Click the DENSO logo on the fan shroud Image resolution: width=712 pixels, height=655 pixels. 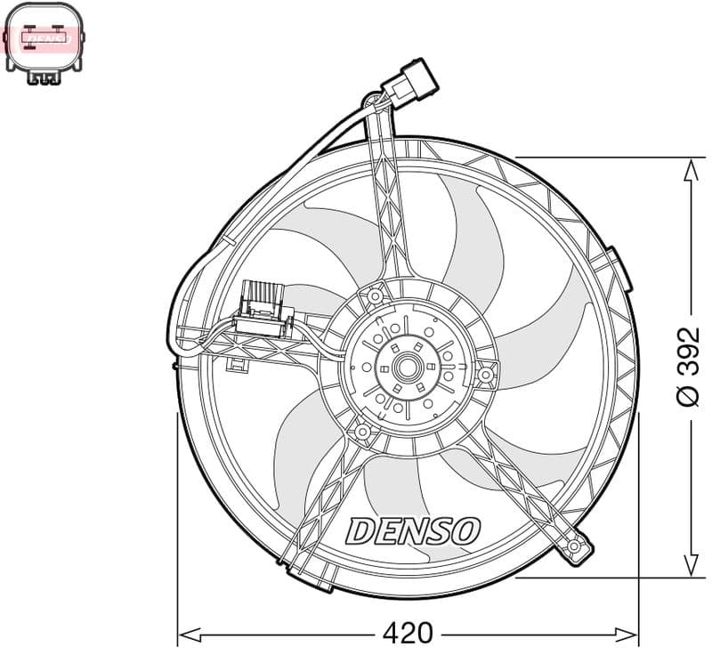(x=413, y=531)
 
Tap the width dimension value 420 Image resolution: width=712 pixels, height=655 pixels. (x=407, y=634)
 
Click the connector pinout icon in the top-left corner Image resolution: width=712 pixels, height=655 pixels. (x=44, y=43)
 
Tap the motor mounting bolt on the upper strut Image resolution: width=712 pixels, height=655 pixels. (x=376, y=295)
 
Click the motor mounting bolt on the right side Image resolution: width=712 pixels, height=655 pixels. (x=485, y=376)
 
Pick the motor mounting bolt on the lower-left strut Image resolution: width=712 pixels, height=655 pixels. (x=362, y=433)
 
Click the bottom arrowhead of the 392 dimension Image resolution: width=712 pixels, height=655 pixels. (x=690, y=566)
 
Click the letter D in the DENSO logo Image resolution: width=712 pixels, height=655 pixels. (x=361, y=531)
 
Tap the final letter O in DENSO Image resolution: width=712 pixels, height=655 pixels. (x=465, y=531)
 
